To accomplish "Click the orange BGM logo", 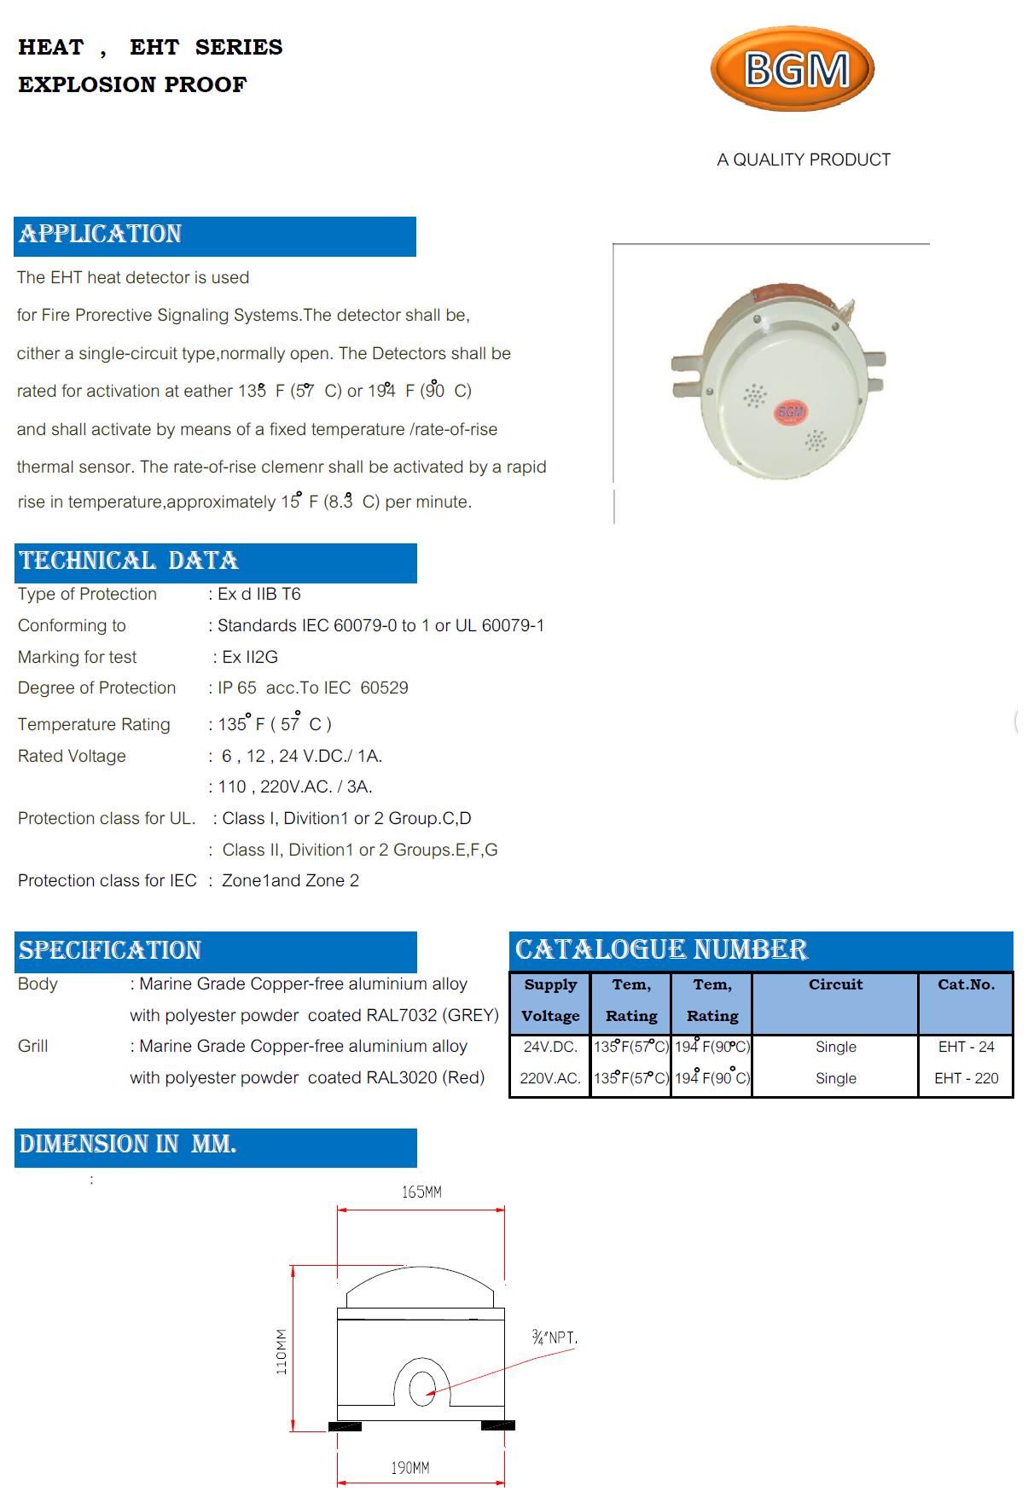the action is pyautogui.click(x=793, y=68).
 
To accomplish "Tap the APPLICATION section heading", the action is pyautogui.click(x=101, y=234).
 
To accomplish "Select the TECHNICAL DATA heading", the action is pyautogui.click(x=129, y=560).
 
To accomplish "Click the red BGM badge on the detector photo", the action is pyautogui.click(x=791, y=412).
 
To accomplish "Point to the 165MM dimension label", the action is pyautogui.click(x=421, y=1192).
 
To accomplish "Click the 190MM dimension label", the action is pyautogui.click(x=410, y=1468).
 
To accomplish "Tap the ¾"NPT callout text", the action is pyautogui.click(x=555, y=1338).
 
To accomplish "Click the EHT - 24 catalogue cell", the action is pyautogui.click(x=966, y=1047).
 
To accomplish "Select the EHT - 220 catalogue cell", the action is pyautogui.click(x=966, y=1078).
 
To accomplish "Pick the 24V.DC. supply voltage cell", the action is pyautogui.click(x=550, y=1047).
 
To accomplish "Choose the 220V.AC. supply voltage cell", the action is pyautogui.click(x=550, y=1078).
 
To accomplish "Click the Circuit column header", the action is pyautogui.click(x=835, y=984).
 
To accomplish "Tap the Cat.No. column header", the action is pyautogui.click(x=966, y=984).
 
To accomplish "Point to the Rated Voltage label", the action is pyautogui.click(x=72, y=756).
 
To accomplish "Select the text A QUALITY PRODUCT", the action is pyautogui.click(x=804, y=160).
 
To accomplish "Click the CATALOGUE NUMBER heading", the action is pyautogui.click(x=661, y=949).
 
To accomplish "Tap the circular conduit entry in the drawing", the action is pyautogui.click(x=421, y=1390).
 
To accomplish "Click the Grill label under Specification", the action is pyautogui.click(x=33, y=1046).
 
